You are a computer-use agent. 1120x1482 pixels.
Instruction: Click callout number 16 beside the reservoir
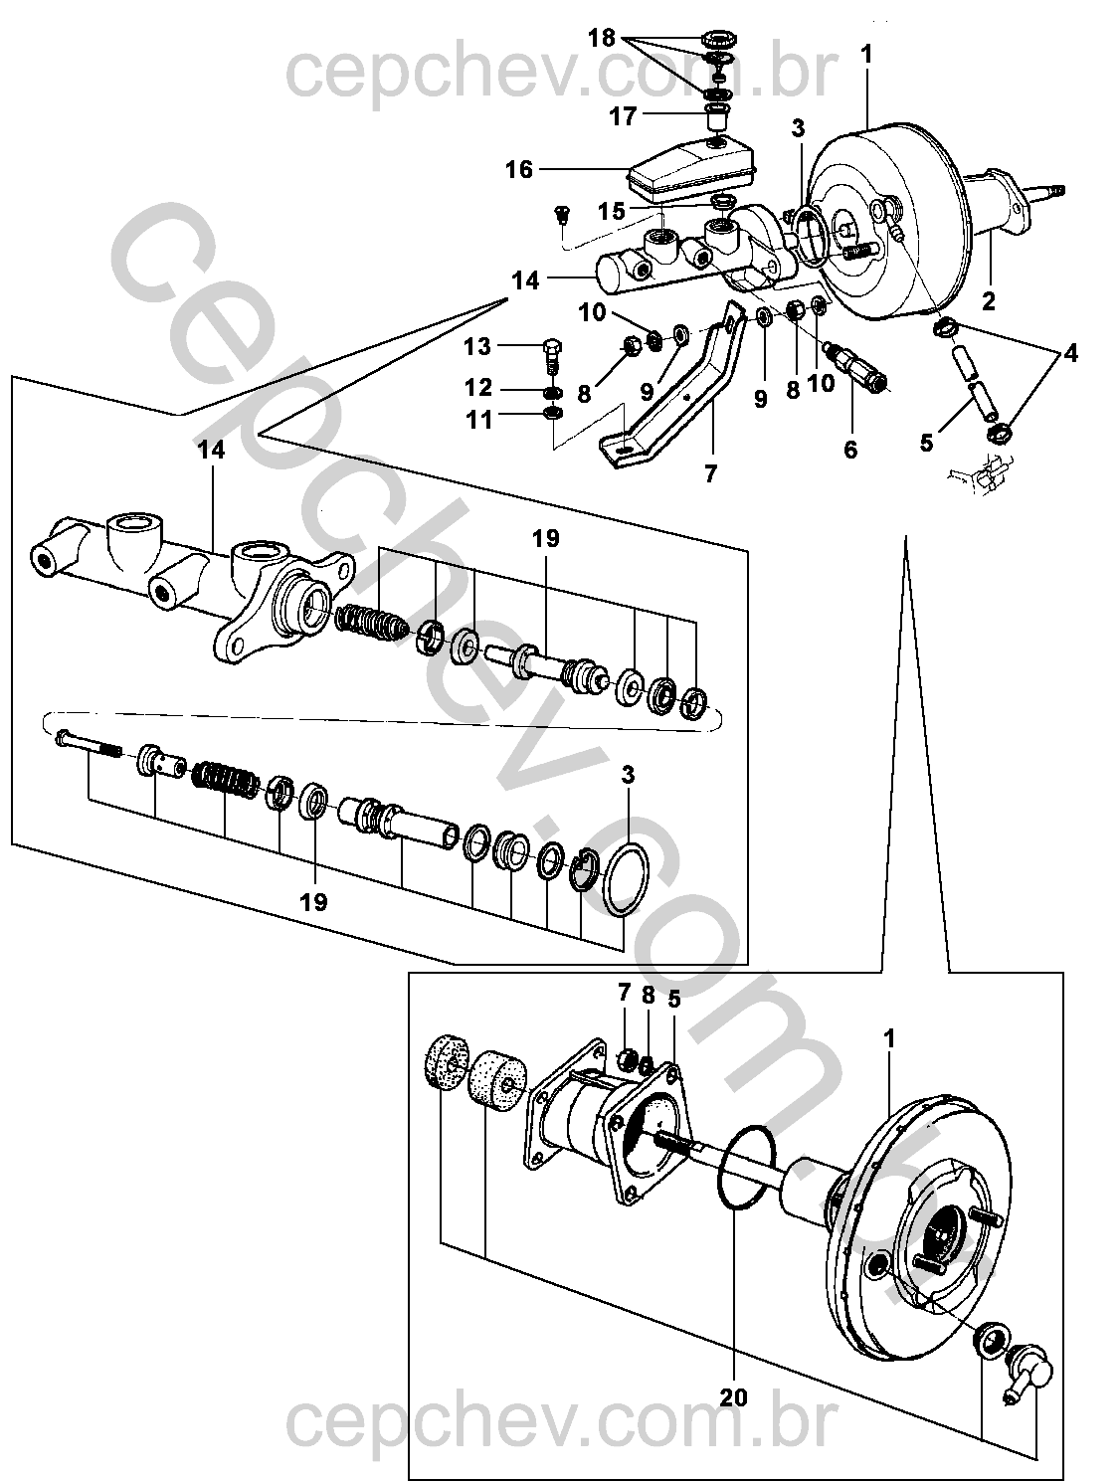(519, 169)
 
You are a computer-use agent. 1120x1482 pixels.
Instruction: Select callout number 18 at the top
(602, 39)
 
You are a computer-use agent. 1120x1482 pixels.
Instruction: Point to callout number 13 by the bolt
(477, 346)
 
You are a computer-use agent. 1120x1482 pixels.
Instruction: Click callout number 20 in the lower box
(734, 1396)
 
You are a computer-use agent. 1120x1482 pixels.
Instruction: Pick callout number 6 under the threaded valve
(850, 449)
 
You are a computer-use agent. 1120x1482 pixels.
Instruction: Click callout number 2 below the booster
(989, 301)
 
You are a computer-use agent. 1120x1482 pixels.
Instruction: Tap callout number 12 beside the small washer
(478, 388)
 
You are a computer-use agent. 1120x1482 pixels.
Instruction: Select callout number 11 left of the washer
(479, 420)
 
